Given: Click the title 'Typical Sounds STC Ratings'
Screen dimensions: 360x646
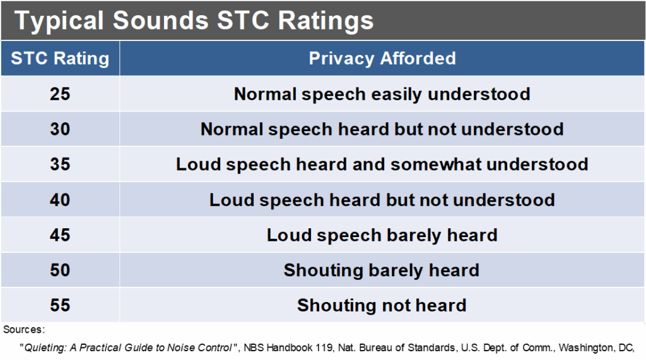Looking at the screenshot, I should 194,21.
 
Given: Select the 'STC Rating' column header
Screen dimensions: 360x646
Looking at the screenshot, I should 60,59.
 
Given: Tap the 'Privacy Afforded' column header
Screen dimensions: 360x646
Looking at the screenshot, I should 382,59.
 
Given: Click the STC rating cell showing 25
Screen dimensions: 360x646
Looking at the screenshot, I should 60,94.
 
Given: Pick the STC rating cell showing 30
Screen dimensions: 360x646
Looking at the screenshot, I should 60,129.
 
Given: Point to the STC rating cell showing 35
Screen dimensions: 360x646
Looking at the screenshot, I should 60,165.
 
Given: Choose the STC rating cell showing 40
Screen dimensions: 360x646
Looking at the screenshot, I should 60,200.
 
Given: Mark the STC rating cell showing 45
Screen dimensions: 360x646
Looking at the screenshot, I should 60,235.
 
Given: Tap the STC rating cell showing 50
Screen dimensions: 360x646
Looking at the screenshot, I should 60,270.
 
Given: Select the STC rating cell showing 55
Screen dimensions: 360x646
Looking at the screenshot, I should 60,306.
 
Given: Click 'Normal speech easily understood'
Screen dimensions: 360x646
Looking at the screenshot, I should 382,94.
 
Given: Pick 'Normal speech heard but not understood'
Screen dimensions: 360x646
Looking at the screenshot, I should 382,129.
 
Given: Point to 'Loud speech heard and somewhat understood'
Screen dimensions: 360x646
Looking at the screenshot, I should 382,165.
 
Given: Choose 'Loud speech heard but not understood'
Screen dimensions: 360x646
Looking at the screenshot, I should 382,200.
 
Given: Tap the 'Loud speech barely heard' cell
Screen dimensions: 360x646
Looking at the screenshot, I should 382,235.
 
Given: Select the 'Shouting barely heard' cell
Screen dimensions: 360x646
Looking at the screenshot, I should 382,270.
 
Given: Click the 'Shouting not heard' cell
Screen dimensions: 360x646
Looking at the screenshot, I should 382,306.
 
